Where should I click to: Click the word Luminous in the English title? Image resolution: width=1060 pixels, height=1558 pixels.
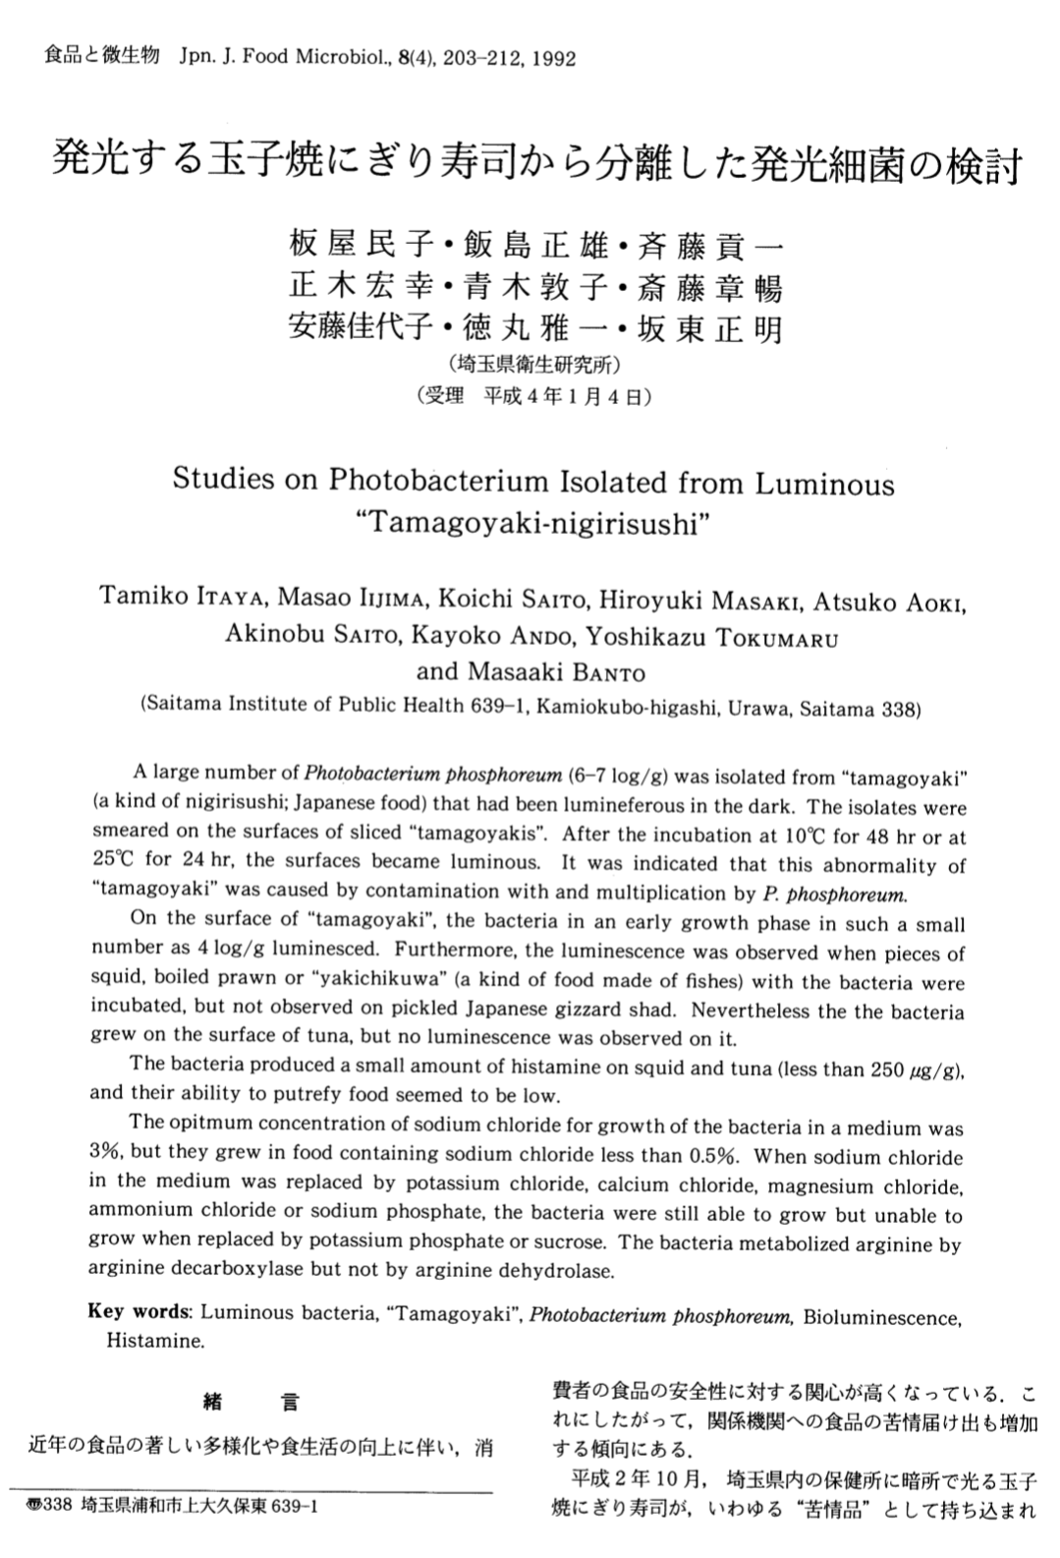825,484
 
